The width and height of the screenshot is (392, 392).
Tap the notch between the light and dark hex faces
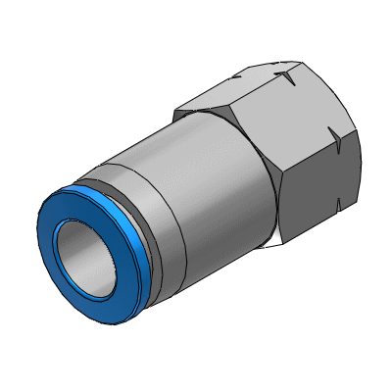pyautogui.click(x=339, y=143)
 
